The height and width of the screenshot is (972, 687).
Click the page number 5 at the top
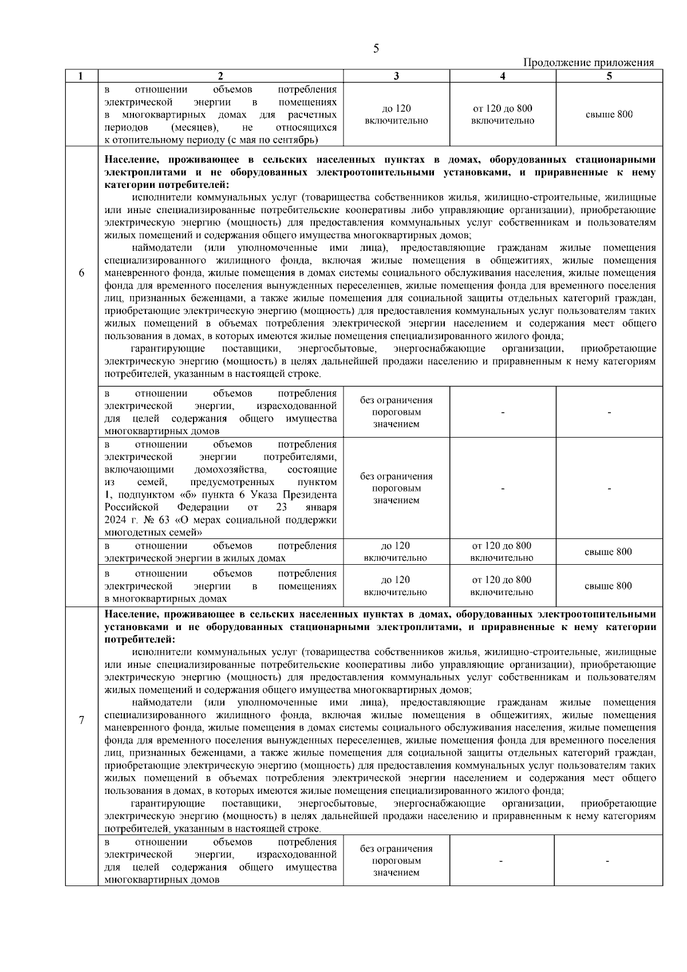click(x=376, y=49)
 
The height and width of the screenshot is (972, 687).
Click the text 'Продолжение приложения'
click(x=589, y=63)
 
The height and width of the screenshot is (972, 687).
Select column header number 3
click(x=396, y=76)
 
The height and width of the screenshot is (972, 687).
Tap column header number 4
click(x=503, y=76)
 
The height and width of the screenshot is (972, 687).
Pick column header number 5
click(x=609, y=76)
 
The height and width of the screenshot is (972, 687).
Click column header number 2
click(x=220, y=76)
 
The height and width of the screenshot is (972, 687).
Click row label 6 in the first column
click(x=81, y=273)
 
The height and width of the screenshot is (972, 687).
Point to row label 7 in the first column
click(x=81, y=721)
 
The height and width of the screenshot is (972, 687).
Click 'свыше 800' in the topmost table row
click(x=609, y=115)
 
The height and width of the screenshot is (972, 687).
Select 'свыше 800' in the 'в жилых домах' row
click(x=609, y=552)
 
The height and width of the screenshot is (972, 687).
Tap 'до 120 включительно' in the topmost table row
click(x=396, y=115)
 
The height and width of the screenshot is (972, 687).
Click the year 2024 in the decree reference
click(x=116, y=520)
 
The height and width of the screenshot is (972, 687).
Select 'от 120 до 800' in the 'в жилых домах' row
click(x=502, y=546)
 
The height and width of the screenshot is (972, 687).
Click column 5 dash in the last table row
click(x=609, y=861)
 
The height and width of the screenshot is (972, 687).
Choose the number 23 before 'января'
click(x=282, y=507)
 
